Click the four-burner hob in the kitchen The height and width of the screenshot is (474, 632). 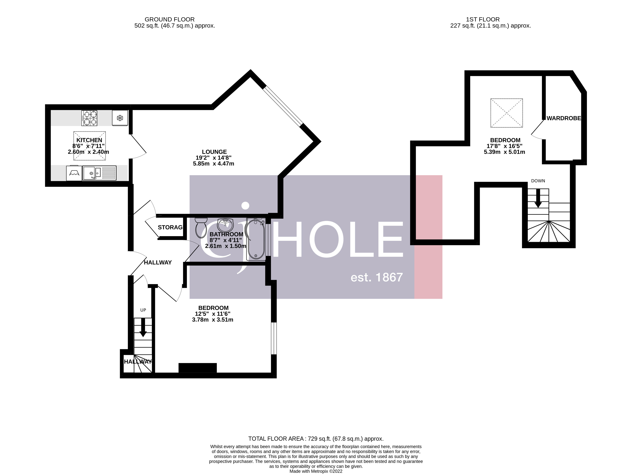[x=89, y=118]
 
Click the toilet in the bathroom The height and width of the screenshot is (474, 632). [x=201, y=228]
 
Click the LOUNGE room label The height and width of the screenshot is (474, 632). [x=214, y=152]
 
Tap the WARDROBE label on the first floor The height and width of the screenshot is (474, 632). [x=563, y=118]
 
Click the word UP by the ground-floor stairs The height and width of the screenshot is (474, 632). [x=143, y=310]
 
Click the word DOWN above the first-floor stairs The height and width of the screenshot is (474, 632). [x=538, y=181]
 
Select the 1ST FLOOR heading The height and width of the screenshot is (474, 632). [x=483, y=19]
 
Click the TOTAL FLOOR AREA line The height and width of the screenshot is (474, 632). [x=316, y=438]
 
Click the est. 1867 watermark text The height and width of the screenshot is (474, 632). [x=377, y=277]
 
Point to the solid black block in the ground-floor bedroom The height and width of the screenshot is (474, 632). [x=198, y=368]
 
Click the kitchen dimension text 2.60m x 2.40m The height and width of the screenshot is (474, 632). [x=88, y=152]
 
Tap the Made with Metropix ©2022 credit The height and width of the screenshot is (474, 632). [x=316, y=471]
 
